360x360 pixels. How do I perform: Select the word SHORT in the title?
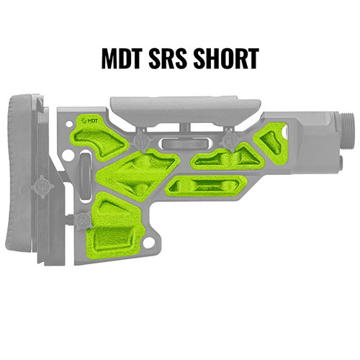(226, 58)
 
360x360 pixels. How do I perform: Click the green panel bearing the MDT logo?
(101, 130)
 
